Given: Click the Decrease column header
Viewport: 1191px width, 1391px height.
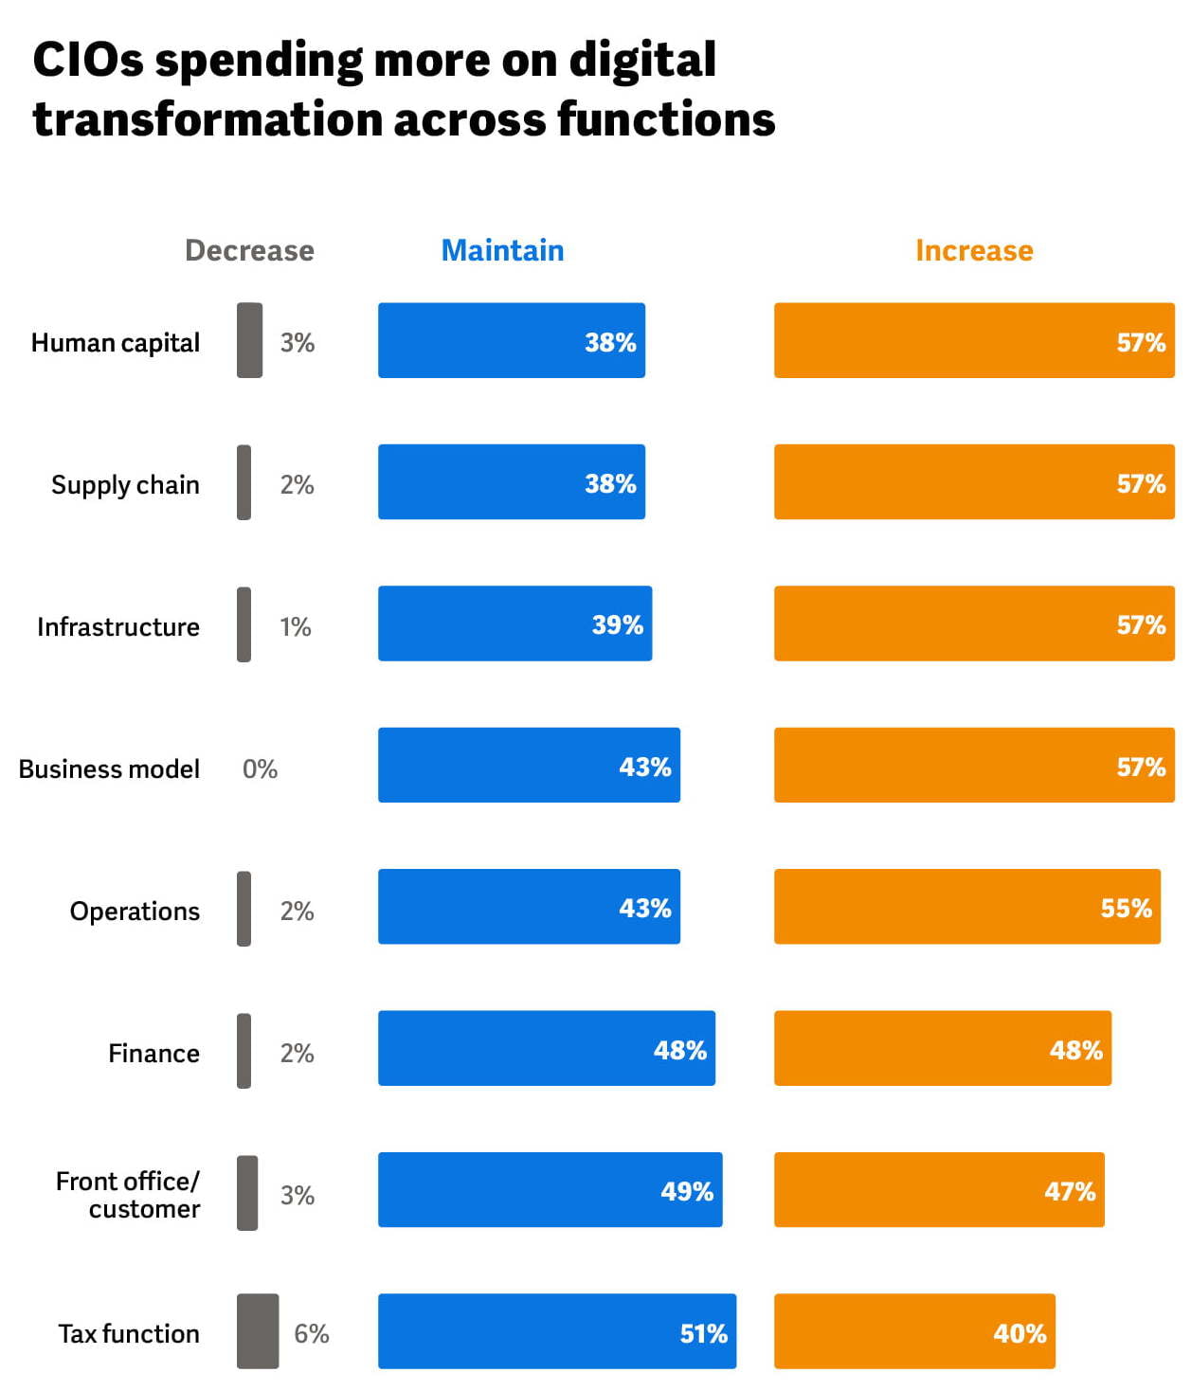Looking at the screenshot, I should [x=249, y=250].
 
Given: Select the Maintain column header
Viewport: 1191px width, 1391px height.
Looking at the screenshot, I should [x=502, y=250].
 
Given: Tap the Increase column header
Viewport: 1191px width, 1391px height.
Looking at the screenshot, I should [x=973, y=250].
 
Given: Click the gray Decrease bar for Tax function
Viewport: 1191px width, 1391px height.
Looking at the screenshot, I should [x=257, y=1331].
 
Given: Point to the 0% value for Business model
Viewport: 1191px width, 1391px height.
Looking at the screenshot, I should [x=260, y=768].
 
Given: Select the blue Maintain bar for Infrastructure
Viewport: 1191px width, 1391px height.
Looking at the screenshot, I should [x=514, y=623].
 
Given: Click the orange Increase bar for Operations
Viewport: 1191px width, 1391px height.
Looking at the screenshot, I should [x=966, y=907].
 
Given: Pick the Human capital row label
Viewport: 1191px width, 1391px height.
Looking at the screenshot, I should [x=116, y=342].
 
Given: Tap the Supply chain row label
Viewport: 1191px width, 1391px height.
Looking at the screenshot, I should [x=125, y=484].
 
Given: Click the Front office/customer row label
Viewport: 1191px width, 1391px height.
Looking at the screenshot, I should [x=128, y=1195].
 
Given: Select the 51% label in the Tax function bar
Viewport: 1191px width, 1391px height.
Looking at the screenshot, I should [x=703, y=1333].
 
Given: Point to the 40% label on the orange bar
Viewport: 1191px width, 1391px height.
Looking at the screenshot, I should [x=1019, y=1333].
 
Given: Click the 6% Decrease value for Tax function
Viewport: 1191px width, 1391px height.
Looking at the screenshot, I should [x=311, y=1333].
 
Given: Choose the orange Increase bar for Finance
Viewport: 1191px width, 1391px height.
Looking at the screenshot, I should [x=942, y=1048].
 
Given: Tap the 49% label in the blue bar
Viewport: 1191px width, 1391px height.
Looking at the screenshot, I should [x=686, y=1191].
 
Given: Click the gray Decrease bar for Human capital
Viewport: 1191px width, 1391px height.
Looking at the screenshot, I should [x=249, y=340].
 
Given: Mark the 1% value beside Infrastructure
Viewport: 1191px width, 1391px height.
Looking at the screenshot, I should [x=295, y=626].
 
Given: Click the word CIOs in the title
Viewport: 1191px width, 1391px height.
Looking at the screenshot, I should [x=88, y=61].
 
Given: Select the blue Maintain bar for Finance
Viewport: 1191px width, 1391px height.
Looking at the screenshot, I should [x=546, y=1048].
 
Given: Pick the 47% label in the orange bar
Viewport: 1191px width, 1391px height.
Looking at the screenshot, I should [x=1069, y=1191].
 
